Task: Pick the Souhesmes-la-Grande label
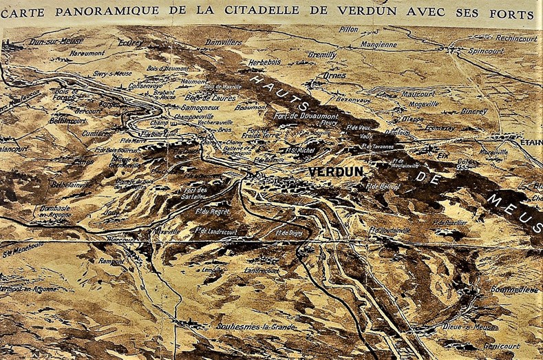[x=255, y=326]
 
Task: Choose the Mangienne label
[x=378, y=45]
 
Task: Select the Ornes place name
[x=334, y=75]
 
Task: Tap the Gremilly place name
[x=322, y=54]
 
